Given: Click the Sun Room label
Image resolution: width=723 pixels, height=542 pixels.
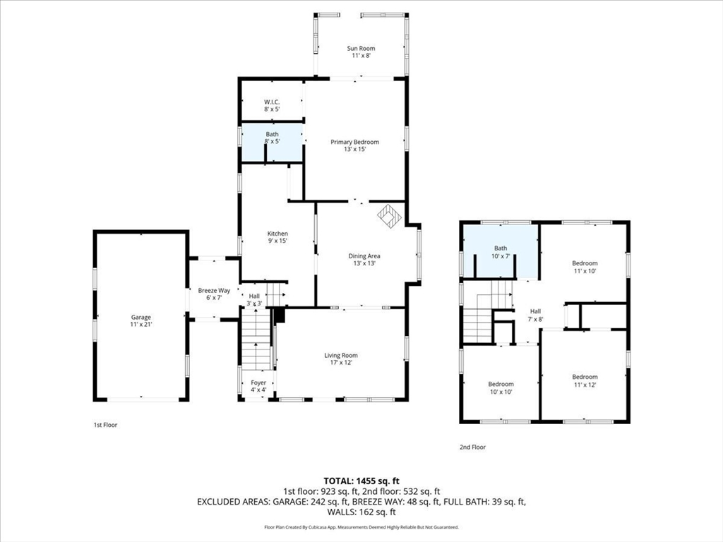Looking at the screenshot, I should (360, 52).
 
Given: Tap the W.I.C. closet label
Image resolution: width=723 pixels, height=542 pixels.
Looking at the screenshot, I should (272, 106).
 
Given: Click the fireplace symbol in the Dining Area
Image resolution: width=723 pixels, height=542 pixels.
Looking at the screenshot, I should (388, 215).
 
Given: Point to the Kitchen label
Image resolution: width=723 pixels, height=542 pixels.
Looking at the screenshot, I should (277, 237).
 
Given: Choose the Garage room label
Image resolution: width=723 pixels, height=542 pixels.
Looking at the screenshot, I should (141, 321).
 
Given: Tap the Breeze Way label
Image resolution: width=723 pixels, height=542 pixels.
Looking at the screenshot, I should (213, 294).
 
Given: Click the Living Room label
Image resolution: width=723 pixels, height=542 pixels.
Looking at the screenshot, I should (341, 359).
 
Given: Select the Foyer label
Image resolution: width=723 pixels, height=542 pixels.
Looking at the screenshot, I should (258, 386).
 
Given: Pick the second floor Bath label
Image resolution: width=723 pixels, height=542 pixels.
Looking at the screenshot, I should (501, 252).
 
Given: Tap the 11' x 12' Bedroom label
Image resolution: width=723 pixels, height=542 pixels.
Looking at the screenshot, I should (584, 381).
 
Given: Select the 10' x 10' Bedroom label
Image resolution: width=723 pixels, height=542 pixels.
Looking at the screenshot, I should (501, 388).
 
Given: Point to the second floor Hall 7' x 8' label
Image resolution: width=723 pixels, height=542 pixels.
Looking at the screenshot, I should (535, 315).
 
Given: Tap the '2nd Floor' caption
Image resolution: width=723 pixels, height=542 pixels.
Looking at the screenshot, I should (472, 447).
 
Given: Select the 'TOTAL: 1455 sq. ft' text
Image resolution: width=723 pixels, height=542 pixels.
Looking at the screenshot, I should (361, 481).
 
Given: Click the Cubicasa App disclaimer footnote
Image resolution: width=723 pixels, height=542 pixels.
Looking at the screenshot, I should (361, 527).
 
